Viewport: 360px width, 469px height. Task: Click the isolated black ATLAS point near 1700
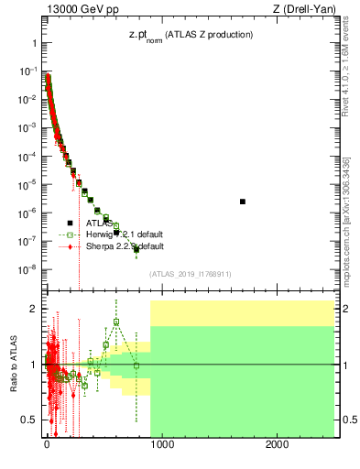243,202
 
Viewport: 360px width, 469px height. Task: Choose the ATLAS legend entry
98,223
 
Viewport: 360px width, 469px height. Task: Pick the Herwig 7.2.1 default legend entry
124,234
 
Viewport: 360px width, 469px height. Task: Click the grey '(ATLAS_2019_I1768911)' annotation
189,274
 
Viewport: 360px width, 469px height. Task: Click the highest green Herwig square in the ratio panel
116,322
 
